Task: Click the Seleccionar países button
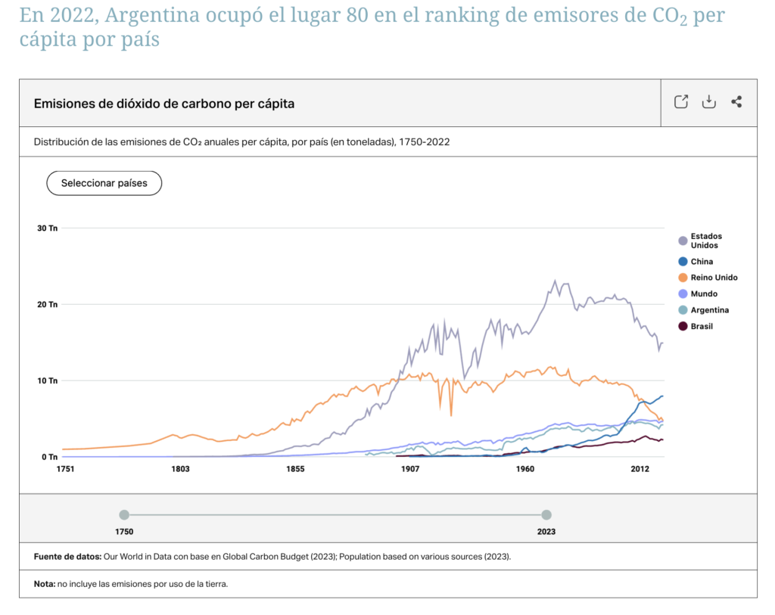pyautogui.click(x=104, y=183)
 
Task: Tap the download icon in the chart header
pyautogui.click(x=708, y=102)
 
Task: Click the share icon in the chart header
pyautogui.click(x=736, y=102)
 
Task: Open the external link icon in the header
pyautogui.click(x=680, y=102)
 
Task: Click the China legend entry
pyautogui.click(x=701, y=262)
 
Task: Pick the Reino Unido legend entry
pyautogui.click(x=713, y=278)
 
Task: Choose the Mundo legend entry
pyautogui.click(x=703, y=294)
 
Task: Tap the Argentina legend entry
pyautogui.click(x=709, y=310)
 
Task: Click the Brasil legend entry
pyautogui.click(x=701, y=326)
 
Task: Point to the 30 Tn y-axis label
pyautogui.click(x=48, y=228)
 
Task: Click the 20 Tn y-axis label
pyautogui.click(x=48, y=304)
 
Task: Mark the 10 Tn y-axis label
pyautogui.click(x=48, y=380)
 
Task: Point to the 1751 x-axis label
pyautogui.click(x=65, y=469)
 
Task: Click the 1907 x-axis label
pyautogui.click(x=410, y=469)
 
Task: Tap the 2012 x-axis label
pyautogui.click(x=640, y=469)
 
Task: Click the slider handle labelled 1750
pyautogui.click(x=124, y=514)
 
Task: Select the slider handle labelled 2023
pyautogui.click(x=546, y=514)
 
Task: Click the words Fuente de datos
pyautogui.click(x=67, y=557)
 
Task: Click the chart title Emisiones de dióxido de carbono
pyautogui.click(x=163, y=104)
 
